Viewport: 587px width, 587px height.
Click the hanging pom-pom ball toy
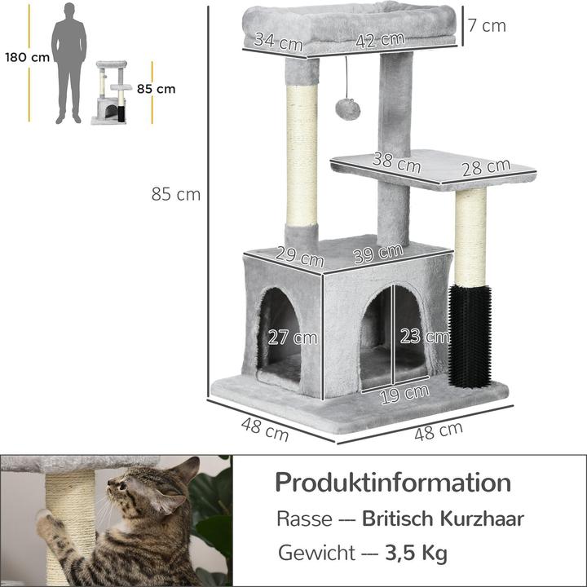click(348, 108)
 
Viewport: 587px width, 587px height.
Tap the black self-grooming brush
click(470, 334)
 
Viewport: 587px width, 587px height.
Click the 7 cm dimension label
click(487, 25)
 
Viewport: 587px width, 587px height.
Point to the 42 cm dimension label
click(380, 39)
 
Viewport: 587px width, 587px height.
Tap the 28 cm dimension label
click(485, 168)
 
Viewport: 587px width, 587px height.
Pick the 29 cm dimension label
click(298, 258)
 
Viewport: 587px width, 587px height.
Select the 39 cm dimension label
click(378, 254)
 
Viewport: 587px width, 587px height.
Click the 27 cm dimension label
click(293, 336)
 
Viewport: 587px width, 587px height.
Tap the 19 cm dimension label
click(405, 392)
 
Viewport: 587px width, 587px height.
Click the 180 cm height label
click(27, 57)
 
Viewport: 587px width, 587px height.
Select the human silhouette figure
click(69, 62)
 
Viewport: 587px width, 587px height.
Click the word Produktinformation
click(393, 482)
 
